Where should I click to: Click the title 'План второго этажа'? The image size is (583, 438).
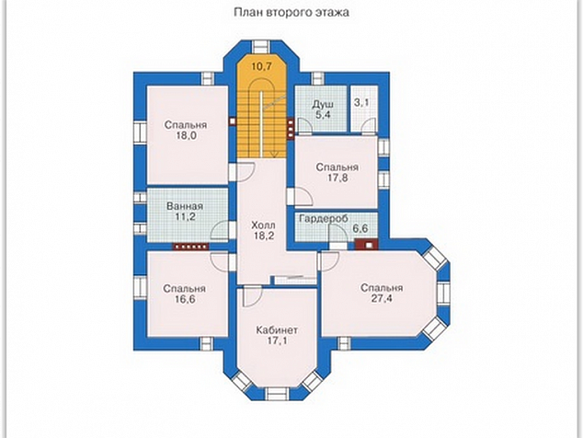coord(291,12)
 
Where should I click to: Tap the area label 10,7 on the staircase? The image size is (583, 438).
coord(262,66)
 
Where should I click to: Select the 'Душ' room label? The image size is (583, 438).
coord(323,104)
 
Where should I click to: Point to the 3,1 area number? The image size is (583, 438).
coord(361,102)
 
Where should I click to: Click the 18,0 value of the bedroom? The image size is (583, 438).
coord(186,135)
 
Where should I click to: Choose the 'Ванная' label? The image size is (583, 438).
coord(185,206)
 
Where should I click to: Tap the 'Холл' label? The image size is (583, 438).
coord(264,225)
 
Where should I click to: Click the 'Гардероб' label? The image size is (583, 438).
coord(324,218)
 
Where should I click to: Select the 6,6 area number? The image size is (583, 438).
coord(360,228)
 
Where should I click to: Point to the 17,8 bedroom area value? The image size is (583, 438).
coord(337,178)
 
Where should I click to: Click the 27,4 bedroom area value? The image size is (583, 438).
coord(382,298)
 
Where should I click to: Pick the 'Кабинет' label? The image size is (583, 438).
coord(277,330)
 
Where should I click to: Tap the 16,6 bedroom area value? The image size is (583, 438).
coord(185,299)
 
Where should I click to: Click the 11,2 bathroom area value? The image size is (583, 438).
coord(185,216)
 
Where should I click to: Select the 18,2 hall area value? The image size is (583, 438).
coord(264,236)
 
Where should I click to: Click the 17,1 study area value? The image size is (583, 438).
coord(277,340)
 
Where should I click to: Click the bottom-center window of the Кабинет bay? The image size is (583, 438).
coord(276,394)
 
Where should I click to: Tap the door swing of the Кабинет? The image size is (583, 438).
coord(253,296)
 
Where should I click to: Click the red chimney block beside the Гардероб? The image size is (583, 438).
coord(367,245)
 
